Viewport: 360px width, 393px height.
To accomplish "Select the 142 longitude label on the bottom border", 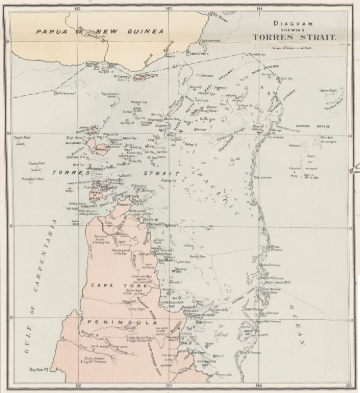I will pos(79,386).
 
